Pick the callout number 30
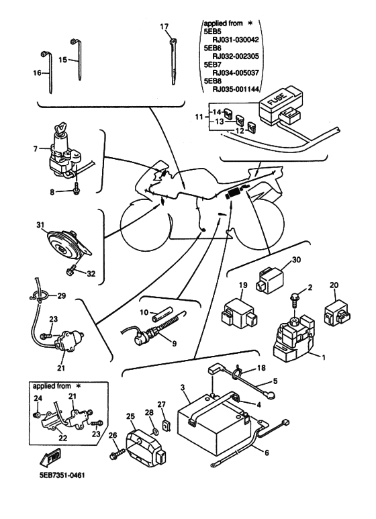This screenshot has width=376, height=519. tap(297, 261)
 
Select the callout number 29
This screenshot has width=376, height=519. tap(62, 296)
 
